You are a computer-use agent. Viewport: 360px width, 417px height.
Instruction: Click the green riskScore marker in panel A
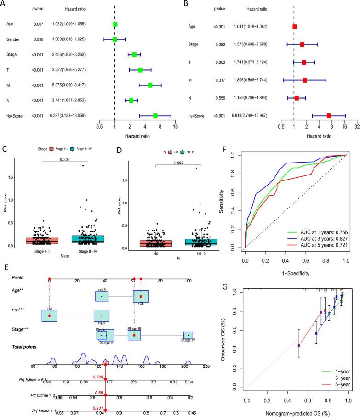[155, 116]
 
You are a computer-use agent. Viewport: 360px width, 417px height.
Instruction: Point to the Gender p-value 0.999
[38, 39]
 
